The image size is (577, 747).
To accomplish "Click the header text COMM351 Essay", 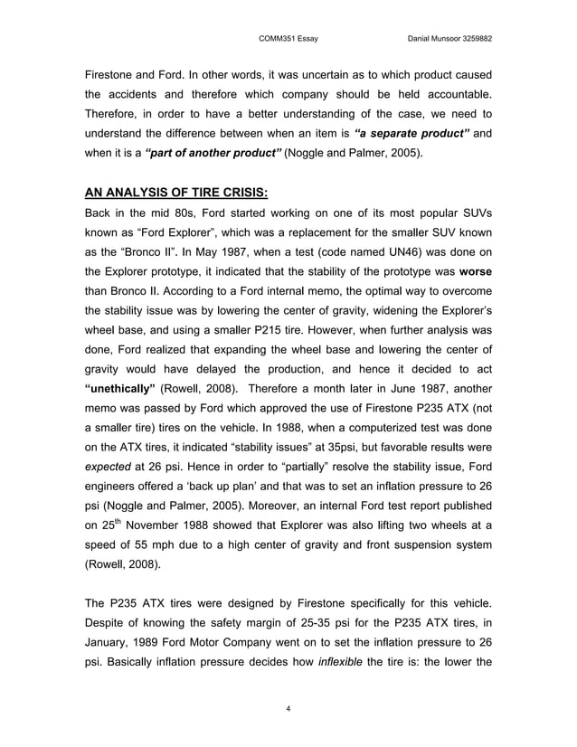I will (288, 38).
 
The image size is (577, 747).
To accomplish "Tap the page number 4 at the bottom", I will (288, 707).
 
